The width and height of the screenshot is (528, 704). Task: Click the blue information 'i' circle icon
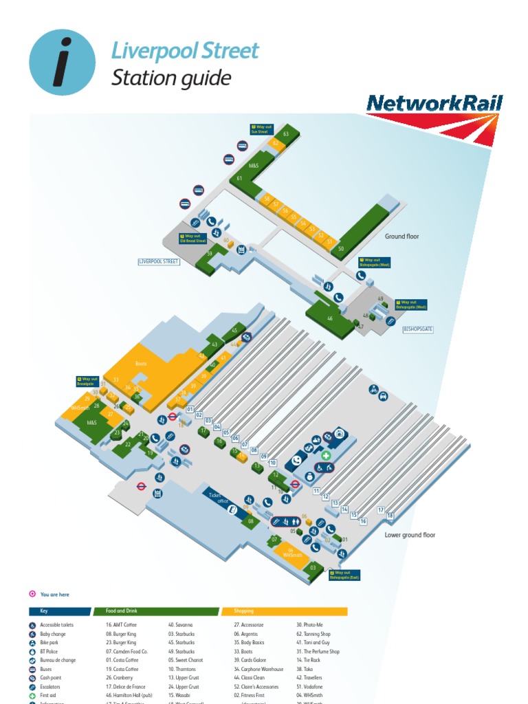(x=63, y=62)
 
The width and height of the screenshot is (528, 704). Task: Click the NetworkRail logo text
(x=434, y=104)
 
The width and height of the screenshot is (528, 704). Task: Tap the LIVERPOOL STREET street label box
(x=159, y=262)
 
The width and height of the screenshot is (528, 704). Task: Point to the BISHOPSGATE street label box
(x=418, y=329)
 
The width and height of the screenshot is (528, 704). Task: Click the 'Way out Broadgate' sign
(x=88, y=381)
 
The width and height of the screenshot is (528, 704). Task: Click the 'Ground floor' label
(x=401, y=236)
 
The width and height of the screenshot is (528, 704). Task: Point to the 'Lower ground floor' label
(x=410, y=535)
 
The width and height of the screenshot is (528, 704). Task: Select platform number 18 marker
(x=390, y=516)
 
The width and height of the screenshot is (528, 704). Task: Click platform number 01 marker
(x=190, y=410)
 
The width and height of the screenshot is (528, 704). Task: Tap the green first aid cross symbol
(x=327, y=455)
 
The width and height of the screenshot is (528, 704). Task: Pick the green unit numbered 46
(x=330, y=318)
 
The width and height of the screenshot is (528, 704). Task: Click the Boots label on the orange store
(x=141, y=363)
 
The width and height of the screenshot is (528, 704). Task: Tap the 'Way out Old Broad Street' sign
(x=192, y=239)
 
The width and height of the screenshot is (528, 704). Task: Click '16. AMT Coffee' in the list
(x=122, y=625)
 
